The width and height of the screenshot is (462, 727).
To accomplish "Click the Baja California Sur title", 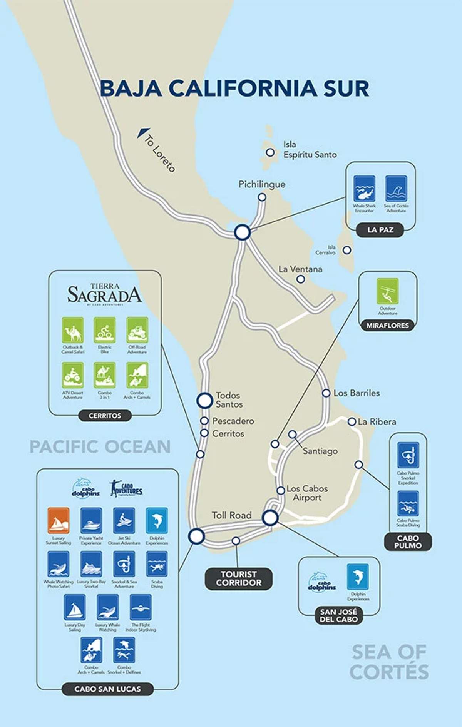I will tap(234, 89).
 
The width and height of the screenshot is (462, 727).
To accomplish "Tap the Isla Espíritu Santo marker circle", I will tap(270, 152).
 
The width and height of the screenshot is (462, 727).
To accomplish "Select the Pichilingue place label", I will tap(262, 184).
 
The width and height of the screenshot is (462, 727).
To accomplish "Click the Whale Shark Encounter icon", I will tap(364, 189).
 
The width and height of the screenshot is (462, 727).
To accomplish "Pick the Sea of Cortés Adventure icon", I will tap(396, 189).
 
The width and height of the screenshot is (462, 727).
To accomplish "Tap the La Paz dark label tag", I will tap(380, 230).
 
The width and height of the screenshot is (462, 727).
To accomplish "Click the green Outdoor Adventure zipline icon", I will tap(387, 291).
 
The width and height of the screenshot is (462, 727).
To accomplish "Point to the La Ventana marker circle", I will tap(301, 279).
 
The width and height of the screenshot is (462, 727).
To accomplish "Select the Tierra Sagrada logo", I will tap(105, 294).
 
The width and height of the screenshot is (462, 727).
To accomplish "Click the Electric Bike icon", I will tap(105, 330).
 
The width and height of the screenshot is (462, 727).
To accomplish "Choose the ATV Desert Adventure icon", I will tap(73, 375).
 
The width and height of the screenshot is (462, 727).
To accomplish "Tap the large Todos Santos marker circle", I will tap(205, 400).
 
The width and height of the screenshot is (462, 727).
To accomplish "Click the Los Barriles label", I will tap(357, 393).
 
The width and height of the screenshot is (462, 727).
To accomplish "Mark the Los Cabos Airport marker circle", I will tap(281, 491).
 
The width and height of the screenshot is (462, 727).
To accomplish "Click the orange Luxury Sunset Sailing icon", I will tap(59, 521).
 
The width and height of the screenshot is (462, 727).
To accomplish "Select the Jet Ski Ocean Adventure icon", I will tap(124, 521).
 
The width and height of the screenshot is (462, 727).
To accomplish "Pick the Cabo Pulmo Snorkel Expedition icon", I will tap(408, 455).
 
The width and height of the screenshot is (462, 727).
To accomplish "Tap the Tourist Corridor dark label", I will tap(238, 578).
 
